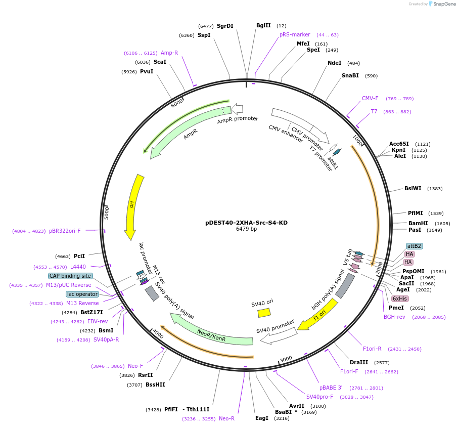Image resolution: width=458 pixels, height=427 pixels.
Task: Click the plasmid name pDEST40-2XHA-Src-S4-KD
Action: pos(246,222)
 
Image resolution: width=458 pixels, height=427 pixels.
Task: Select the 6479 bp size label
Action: pos(246,229)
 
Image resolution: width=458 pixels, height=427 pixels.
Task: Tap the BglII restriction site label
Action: pos(263,26)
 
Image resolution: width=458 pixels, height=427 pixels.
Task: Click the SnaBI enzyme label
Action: pos(350,76)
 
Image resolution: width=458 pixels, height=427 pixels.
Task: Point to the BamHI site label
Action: pos(418,223)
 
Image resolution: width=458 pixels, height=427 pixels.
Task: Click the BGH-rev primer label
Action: pos(394,317)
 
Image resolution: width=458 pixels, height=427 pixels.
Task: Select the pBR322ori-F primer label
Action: pos(65,231)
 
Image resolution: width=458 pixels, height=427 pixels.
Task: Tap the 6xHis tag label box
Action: pos(399,298)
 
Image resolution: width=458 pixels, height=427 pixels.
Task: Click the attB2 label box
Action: pos(414,246)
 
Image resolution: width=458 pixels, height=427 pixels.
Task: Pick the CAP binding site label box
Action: pos(70,276)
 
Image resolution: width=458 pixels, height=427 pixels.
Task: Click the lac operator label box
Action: pos(82,294)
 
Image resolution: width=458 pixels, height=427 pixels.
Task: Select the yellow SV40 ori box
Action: pos(264,313)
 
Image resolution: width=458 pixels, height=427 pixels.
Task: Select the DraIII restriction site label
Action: pos(359,362)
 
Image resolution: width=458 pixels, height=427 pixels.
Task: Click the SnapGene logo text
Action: pos(442,4)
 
